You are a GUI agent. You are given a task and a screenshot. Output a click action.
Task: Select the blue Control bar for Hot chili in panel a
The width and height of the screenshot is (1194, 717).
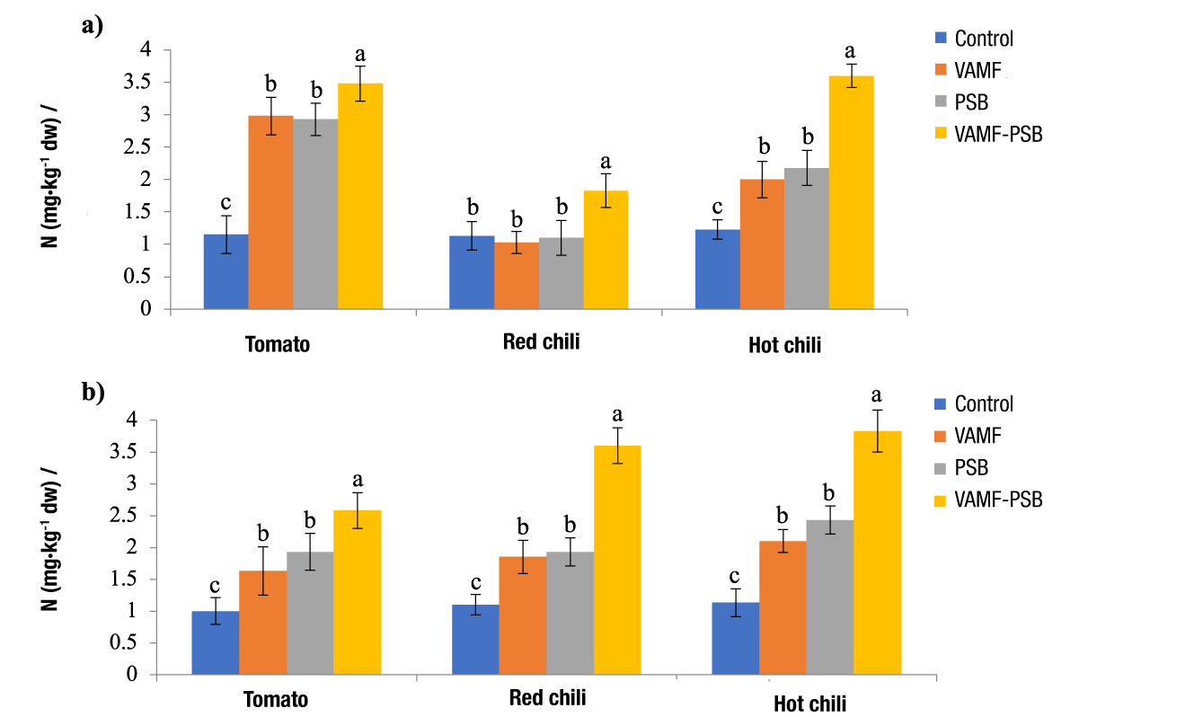(717, 270)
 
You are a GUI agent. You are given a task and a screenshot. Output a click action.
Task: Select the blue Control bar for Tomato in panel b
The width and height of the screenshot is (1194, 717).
(216, 642)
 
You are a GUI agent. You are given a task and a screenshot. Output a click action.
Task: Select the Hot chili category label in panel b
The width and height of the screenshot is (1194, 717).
(809, 704)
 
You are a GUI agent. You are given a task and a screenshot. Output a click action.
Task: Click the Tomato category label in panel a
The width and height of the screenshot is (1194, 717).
(278, 344)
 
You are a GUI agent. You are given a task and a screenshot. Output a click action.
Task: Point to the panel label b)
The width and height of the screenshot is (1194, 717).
(93, 392)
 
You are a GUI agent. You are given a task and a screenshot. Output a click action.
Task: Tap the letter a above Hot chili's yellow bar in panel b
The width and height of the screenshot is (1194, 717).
(877, 394)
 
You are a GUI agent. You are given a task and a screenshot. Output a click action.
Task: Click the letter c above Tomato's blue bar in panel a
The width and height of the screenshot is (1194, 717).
(226, 202)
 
